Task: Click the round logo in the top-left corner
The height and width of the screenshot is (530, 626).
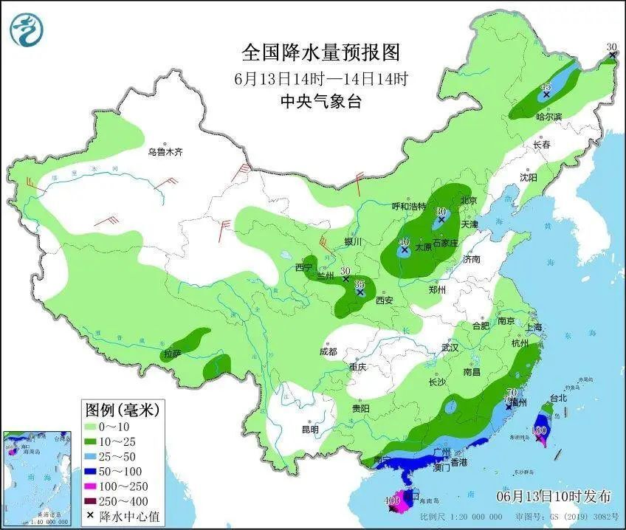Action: click(x=27, y=29)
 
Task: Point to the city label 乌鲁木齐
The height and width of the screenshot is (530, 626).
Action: click(x=165, y=152)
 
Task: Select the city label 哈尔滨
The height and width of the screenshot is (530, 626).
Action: click(x=548, y=117)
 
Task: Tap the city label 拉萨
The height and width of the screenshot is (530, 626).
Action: click(x=172, y=354)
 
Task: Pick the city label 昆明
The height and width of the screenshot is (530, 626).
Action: click(x=310, y=429)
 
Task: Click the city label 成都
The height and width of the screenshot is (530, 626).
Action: click(x=328, y=351)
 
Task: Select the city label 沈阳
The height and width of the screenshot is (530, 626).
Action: click(x=528, y=177)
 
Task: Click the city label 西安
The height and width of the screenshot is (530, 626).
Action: click(x=385, y=300)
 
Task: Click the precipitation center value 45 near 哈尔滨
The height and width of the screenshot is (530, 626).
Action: click(x=546, y=86)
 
